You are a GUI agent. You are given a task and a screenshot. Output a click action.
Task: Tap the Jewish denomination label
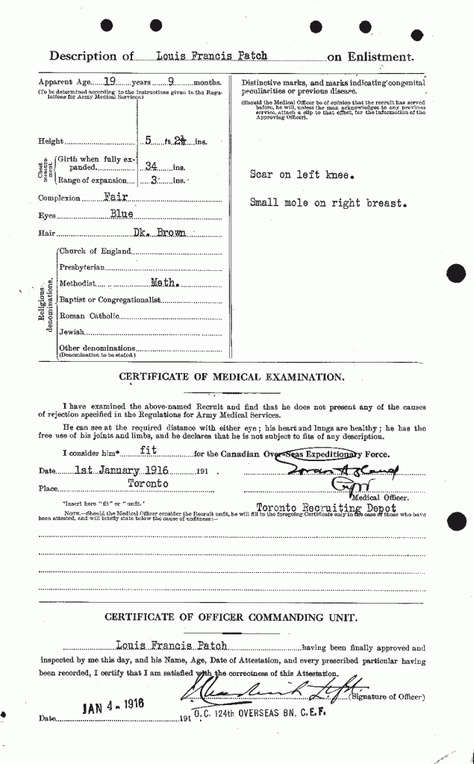pos(72,331)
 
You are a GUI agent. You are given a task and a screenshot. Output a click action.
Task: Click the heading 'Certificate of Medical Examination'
pos(231,377)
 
